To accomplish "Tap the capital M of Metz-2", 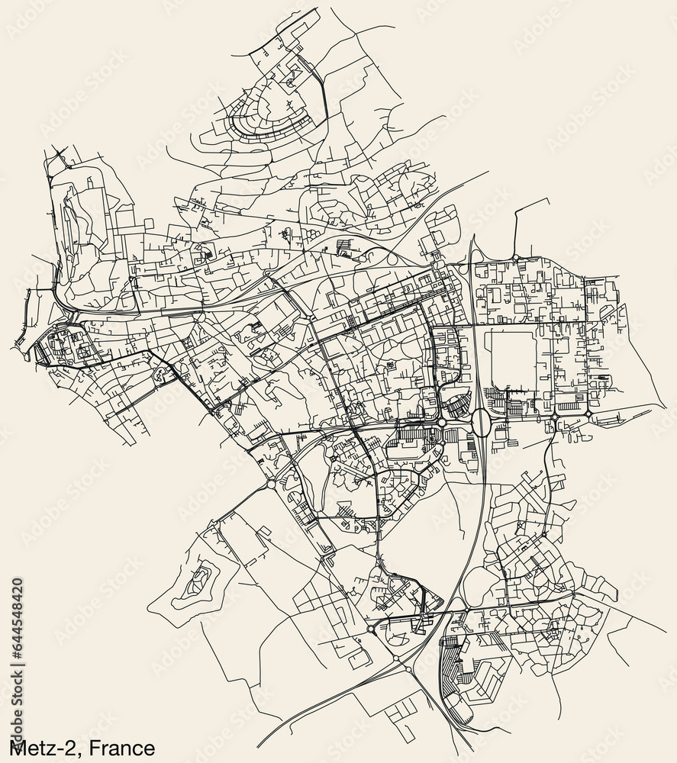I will click(x=16, y=748).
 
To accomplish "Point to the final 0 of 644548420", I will click(x=18, y=581).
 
